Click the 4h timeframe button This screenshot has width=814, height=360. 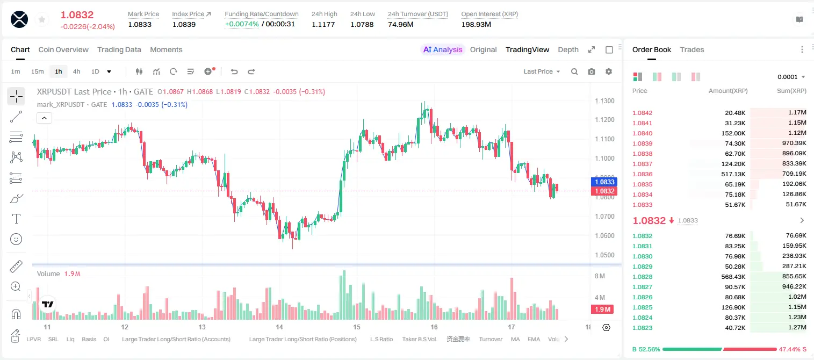(x=76, y=71)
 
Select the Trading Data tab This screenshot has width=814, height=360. (x=119, y=50)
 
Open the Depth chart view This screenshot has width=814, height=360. (x=568, y=50)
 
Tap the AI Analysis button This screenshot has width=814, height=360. (x=443, y=50)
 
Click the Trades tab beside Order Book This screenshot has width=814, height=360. (x=692, y=50)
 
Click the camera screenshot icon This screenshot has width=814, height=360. (x=592, y=71)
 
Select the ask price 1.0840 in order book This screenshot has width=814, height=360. (x=643, y=133)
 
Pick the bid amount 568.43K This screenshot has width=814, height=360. (x=733, y=277)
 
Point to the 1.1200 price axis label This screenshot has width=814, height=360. (x=604, y=120)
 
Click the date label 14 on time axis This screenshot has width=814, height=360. (x=279, y=327)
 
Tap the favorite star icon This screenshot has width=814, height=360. (x=42, y=19)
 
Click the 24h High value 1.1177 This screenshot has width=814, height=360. (x=323, y=24)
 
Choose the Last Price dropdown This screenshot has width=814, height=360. (x=542, y=71)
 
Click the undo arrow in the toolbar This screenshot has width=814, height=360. (x=234, y=71)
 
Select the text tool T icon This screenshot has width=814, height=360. (x=16, y=219)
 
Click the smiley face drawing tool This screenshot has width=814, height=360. (x=16, y=239)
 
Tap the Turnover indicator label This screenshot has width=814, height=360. (x=491, y=339)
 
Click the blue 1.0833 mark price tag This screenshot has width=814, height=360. (x=604, y=182)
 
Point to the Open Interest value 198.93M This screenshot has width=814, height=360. (x=476, y=24)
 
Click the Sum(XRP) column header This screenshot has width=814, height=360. (x=791, y=91)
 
